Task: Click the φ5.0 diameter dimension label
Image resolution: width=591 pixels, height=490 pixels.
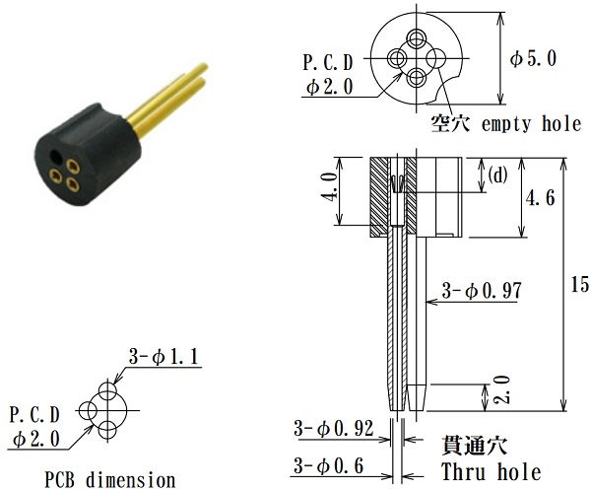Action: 533,59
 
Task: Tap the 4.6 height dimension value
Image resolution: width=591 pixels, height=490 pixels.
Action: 540,197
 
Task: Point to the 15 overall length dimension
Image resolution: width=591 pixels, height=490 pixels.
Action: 580,284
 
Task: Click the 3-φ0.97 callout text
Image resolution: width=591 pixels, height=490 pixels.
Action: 482,291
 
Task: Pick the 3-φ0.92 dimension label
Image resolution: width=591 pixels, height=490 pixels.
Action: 334,429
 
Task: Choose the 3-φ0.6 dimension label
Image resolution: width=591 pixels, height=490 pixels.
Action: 329,465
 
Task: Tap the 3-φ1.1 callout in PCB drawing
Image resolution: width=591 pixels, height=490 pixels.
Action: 164,356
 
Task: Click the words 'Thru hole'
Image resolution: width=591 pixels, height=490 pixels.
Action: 492,472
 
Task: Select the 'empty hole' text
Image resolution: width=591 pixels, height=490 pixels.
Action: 532,123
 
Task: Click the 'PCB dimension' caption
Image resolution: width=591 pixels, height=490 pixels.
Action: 110,480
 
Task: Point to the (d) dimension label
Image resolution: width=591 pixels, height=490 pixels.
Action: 497,175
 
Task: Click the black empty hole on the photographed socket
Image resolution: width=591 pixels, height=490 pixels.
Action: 56,157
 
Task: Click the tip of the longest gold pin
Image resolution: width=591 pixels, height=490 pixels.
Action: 205,66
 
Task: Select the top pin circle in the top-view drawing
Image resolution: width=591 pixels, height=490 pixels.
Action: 417,38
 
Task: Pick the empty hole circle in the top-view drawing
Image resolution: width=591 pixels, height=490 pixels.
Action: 436,58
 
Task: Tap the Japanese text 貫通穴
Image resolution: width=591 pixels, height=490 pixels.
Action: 474,446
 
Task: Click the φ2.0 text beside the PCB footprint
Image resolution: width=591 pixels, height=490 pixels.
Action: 36,440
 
